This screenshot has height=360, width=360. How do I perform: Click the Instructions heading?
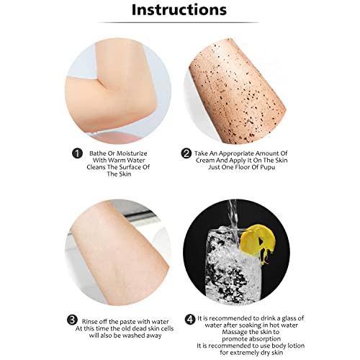179,10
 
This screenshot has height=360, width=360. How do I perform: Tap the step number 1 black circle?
77,153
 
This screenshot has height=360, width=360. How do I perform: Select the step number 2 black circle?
186,153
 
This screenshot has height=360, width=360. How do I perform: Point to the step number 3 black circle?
72,320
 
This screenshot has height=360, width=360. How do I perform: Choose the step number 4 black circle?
190,320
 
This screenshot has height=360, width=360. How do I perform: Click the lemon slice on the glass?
258,243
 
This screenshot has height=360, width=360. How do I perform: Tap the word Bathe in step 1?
98,153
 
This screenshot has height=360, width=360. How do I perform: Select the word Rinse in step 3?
90,322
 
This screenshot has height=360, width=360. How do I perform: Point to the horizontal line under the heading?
179,22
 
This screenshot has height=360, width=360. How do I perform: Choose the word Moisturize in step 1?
132,153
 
